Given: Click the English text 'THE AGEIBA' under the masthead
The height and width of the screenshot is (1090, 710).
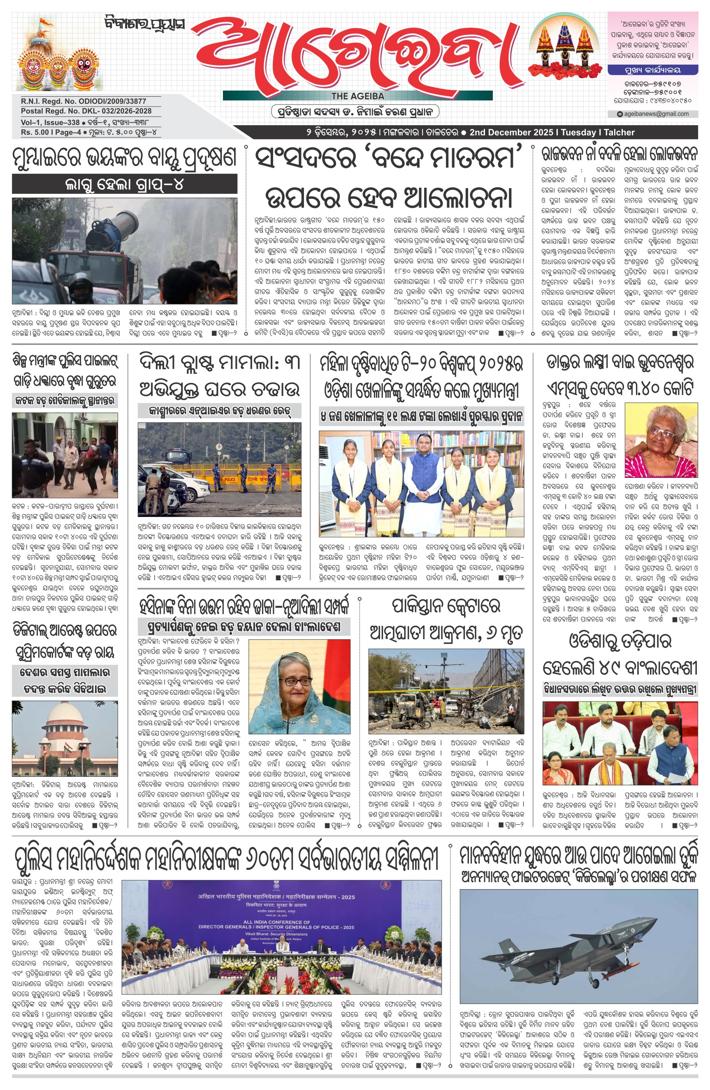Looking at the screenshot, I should pyautogui.click(x=357, y=96).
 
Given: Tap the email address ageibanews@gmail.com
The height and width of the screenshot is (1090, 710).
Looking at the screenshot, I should pyautogui.click(x=656, y=114).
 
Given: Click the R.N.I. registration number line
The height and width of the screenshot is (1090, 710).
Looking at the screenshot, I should pyautogui.click(x=84, y=101).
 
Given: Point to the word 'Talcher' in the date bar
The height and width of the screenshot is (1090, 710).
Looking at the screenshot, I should pyautogui.click(x=619, y=133).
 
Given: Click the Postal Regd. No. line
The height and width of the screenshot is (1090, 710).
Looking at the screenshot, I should pyautogui.click(x=86, y=111).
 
